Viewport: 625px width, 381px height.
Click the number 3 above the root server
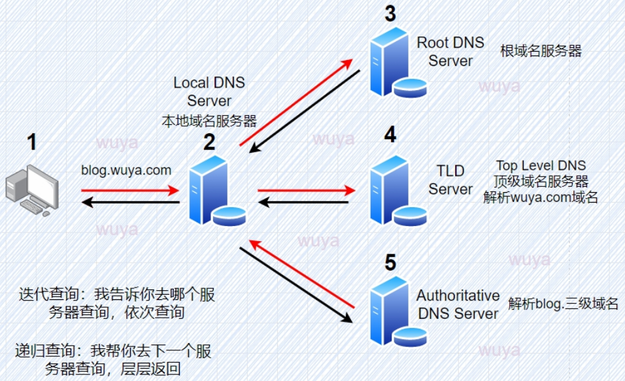(391, 14)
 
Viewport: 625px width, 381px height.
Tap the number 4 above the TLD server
(391, 135)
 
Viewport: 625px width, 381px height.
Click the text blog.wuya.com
(126, 171)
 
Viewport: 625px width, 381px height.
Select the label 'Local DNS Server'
(209, 92)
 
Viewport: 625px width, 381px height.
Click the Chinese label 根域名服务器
(541, 51)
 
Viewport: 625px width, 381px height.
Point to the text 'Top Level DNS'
(541, 165)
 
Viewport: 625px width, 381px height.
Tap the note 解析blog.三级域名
(563, 303)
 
